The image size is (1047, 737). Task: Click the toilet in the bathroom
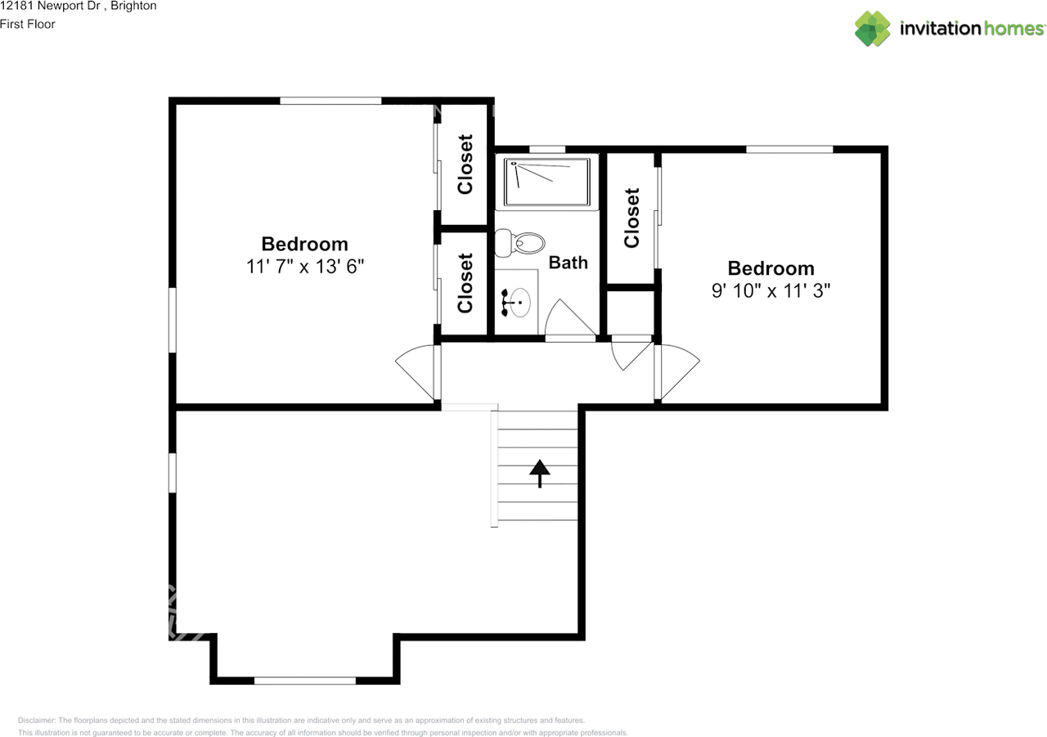pos(521,243)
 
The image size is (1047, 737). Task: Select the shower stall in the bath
pos(547,182)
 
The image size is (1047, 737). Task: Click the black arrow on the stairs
pos(539,473)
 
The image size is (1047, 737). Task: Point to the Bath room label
pos(568,263)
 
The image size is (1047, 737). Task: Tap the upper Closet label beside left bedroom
pos(465,164)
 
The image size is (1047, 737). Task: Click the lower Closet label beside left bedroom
pos(465,283)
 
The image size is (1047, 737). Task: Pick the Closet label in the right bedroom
pos(631,218)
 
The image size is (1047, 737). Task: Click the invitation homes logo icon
pos(873,29)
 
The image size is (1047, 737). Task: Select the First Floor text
pos(28,25)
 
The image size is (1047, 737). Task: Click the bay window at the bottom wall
pos(304,680)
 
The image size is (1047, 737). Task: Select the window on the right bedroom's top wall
pos(789,149)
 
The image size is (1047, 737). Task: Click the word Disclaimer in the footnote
pos(37,721)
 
